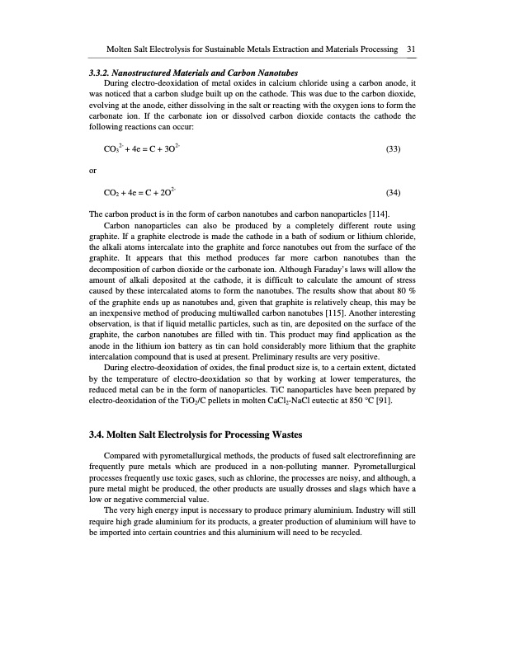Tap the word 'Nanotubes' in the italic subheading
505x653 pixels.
(274, 73)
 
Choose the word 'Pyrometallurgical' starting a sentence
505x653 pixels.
(380, 466)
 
